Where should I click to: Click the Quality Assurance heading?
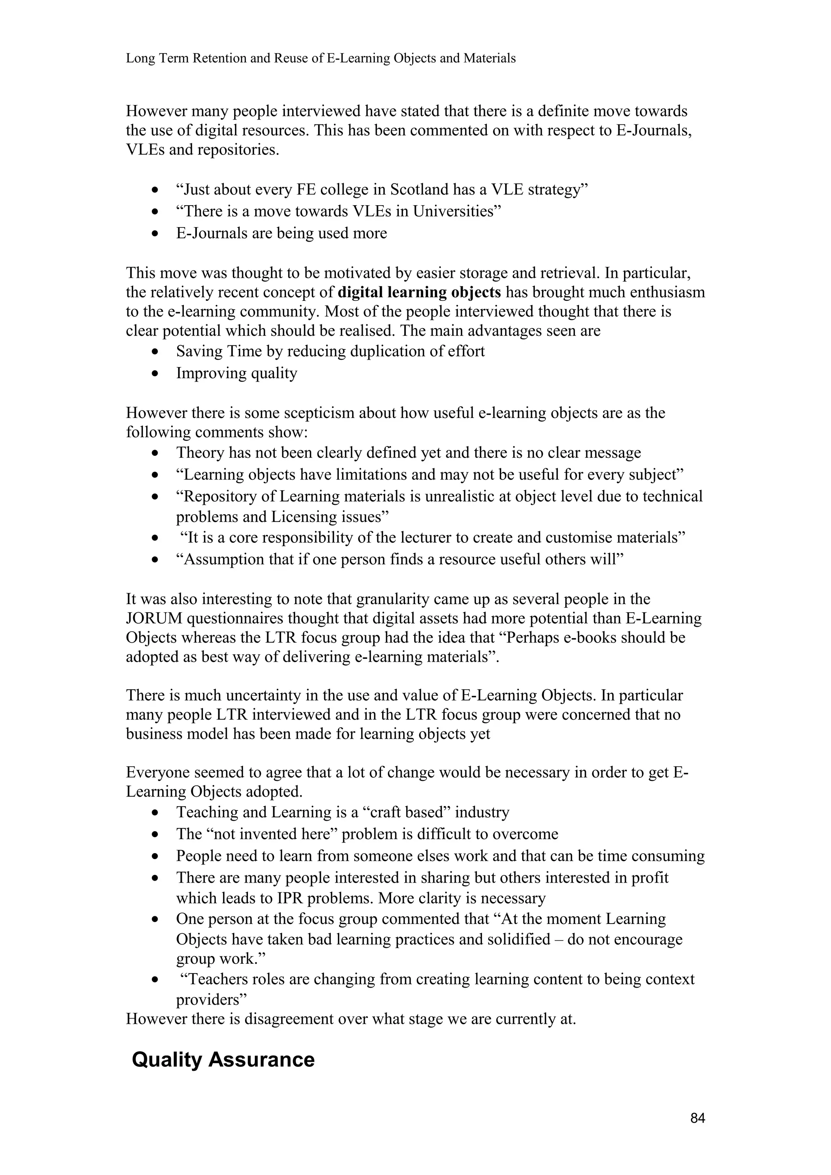point(223,1059)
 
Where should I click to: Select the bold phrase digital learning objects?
point(419,292)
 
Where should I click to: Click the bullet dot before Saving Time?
point(155,352)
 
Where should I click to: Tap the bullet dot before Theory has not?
point(155,453)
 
